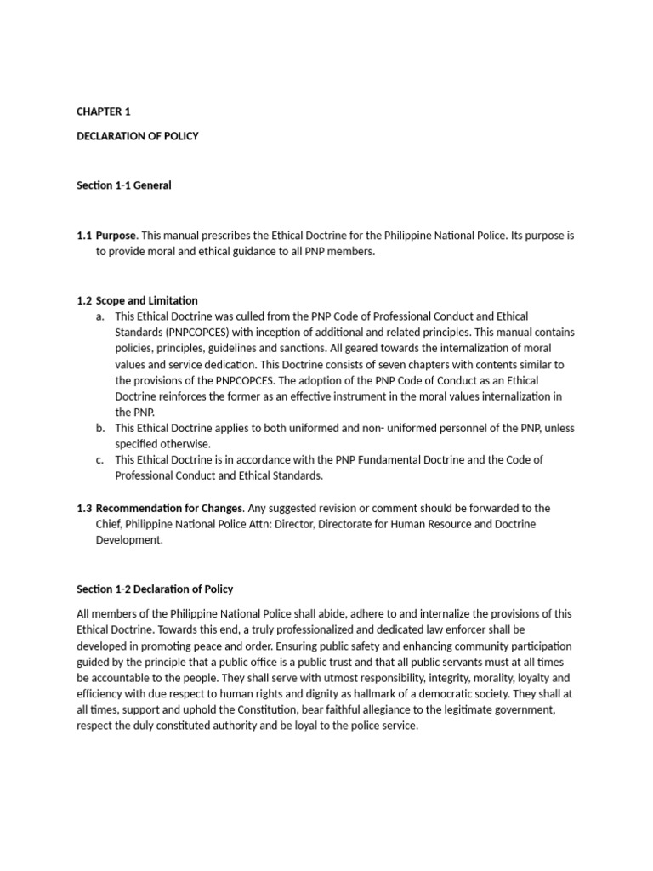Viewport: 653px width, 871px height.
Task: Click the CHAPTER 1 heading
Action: [104, 111]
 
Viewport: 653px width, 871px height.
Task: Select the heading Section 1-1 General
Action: [123, 185]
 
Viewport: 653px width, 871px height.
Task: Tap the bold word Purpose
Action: [116, 235]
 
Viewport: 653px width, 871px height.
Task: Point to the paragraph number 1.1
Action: [83, 235]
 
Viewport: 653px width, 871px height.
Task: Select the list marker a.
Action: [100, 316]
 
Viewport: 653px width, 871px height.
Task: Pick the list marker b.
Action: [100, 428]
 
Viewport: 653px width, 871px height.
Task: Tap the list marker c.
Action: [100, 460]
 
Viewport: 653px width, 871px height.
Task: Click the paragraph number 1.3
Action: [83, 509]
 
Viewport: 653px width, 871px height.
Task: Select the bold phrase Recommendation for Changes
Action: [169, 509]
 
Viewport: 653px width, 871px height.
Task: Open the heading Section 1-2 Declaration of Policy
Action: [155, 589]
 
